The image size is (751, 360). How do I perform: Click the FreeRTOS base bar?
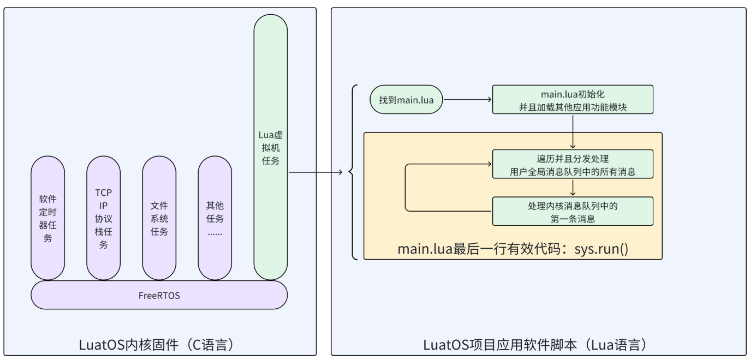tap(159, 295)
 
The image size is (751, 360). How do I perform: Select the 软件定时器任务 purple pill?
tap(47, 218)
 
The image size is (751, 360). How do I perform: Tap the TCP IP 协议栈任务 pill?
tap(103, 218)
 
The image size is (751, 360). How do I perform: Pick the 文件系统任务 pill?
tap(159, 218)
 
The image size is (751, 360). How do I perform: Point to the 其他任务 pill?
tap(214, 218)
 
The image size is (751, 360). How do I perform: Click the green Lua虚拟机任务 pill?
tap(270, 147)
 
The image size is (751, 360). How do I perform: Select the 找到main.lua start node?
tap(406, 100)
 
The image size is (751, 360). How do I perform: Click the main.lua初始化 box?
tap(573, 100)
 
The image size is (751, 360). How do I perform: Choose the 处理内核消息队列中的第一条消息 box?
tap(573, 212)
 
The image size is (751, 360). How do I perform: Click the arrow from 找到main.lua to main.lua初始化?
tap(467, 100)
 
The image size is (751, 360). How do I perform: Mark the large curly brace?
tap(354, 172)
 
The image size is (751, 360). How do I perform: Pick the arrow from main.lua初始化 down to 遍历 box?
tap(573, 131)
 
